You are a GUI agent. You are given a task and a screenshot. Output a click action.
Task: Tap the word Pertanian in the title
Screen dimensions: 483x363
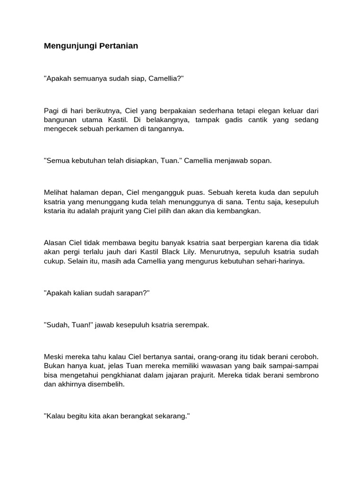click(x=119, y=46)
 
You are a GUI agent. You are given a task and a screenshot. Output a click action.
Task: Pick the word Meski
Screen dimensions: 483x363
click(x=53, y=357)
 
